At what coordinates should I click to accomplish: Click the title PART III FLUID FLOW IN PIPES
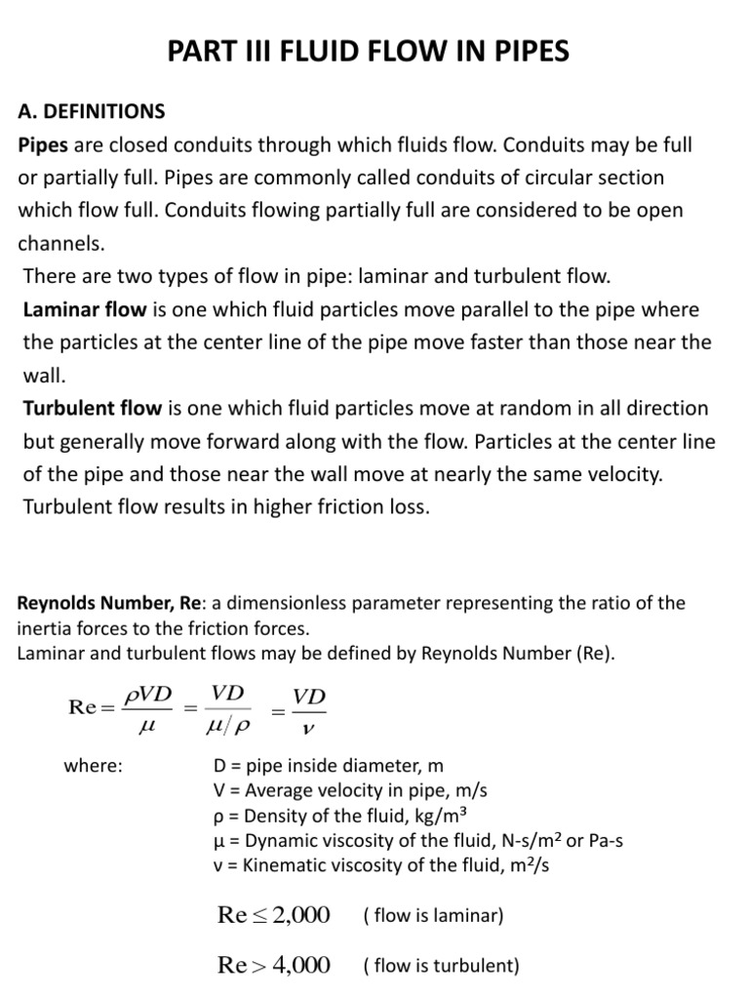pyautogui.click(x=368, y=51)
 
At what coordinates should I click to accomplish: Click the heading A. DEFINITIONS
pyautogui.click(x=92, y=111)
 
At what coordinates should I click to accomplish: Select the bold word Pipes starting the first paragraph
pyautogui.click(x=43, y=144)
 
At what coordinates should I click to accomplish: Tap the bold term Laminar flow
pyautogui.click(x=84, y=309)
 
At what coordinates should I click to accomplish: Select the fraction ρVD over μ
pyautogui.click(x=146, y=709)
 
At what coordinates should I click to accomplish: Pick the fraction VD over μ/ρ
pyautogui.click(x=227, y=709)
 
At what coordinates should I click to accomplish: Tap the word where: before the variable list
pyautogui.click(x=93, y=766)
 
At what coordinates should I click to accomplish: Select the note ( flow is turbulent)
pyautogui.click(x=441, y=967)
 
